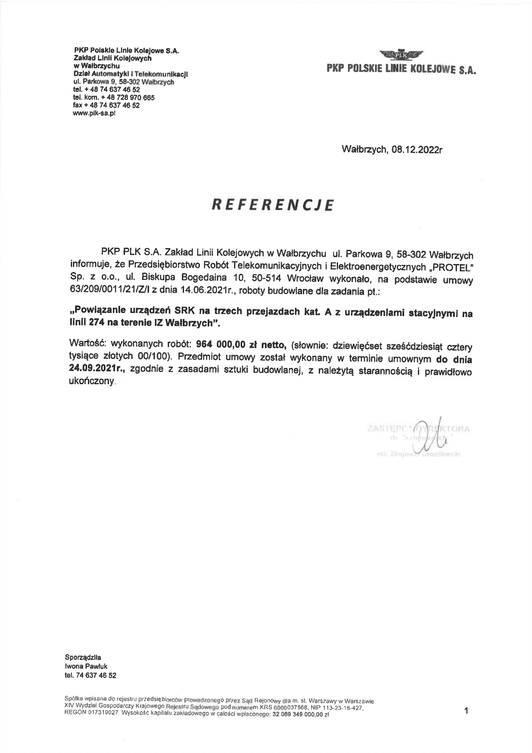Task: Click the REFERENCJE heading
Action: point(272,205)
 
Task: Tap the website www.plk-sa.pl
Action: point(95,113)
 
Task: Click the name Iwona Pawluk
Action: point(86,666)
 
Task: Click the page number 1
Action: point(466,711)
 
